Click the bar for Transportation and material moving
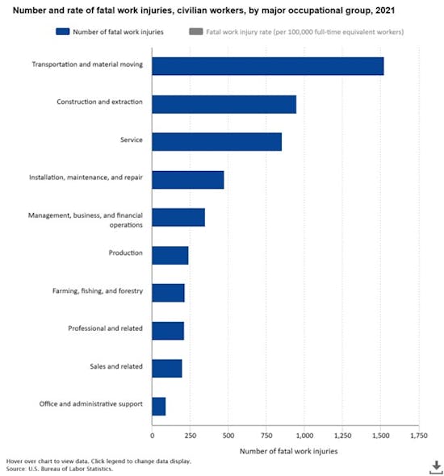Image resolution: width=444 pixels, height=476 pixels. [267, 65]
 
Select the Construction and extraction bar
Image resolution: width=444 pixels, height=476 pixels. [224, 103]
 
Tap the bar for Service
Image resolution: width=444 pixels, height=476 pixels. [216, 141]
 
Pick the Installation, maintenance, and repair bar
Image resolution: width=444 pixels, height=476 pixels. [187, 179]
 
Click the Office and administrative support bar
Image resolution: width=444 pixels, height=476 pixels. [158, 405]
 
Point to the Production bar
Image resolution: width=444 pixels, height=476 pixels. [170, 254]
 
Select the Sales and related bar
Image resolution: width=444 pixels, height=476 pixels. [166, 367]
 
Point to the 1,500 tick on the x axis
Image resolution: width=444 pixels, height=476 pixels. [380, 436]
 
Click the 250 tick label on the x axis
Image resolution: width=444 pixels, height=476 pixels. [190, 436]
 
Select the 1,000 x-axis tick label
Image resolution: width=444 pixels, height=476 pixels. [304, 436]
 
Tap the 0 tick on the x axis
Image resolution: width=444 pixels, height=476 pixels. [152, 436]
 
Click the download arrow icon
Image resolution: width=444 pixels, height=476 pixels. [435, 466]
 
